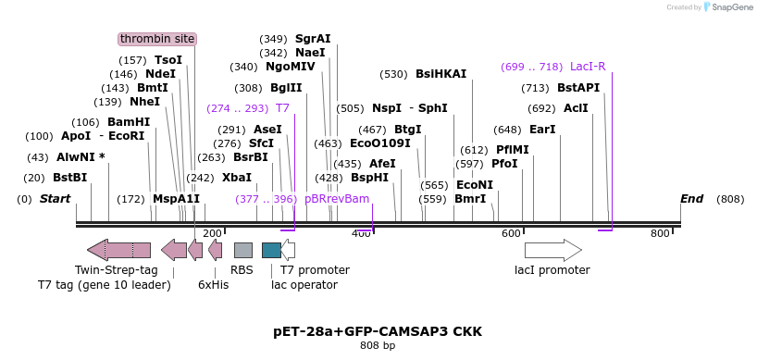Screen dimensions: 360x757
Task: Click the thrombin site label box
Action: pos(157,39)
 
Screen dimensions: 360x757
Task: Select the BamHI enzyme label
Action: pos(129,122)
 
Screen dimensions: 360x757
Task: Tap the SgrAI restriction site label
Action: pos(313,39)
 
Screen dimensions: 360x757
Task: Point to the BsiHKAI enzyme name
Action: pos(441,74)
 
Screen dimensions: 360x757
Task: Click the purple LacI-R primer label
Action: pos(588,67)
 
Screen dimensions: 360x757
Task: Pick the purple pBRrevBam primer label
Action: pos(337,199)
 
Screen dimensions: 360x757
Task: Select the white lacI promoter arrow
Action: pos(552,250)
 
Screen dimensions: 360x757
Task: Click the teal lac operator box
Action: pos(271,250)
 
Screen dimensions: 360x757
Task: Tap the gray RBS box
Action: pos(242,250)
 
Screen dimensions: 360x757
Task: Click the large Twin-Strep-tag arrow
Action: pos(120,250)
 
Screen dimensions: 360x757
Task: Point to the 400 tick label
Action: pos(361,234)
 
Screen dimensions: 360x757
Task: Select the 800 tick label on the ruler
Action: pos(660,234)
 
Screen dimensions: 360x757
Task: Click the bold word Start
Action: pos(55,199)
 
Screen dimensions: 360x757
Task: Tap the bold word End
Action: pos(691,199)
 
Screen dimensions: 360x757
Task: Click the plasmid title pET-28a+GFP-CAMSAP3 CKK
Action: pos(378,330)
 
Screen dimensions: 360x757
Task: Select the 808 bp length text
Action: pos(378,346)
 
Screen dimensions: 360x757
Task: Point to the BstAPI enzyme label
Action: pos(578,88)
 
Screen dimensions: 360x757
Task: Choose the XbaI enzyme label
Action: pos(237,178)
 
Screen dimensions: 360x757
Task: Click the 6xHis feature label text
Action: pos(213,285)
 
